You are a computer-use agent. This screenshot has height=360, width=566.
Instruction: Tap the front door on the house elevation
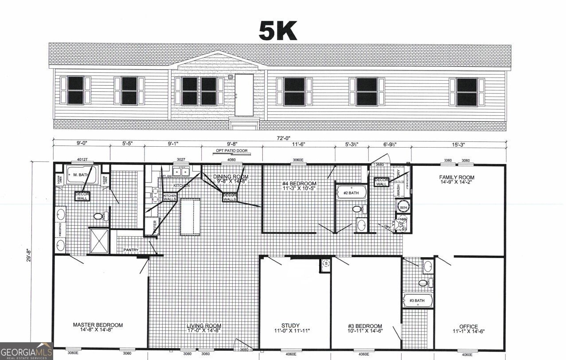click(x=244, y=94)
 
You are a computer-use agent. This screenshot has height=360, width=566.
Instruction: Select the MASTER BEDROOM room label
click(x=98, y=327)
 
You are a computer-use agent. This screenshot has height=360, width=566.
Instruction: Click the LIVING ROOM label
click(x=204, y=328)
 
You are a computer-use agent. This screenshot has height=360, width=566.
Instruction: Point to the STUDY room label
click(x=290, y=328)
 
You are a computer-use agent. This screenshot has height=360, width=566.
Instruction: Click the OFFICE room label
click(x=468, y=329)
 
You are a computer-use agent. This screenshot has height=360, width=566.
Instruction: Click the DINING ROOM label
click(x=231, y=179)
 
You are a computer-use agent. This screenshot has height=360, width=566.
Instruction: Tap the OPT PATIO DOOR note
click(x=231, y=151)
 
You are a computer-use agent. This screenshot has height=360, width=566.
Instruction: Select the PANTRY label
click(x=131, y=250)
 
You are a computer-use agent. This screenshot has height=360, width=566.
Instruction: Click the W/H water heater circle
click(x=403, y=207)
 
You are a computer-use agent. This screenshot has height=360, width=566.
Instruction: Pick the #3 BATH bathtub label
click(x=417, y=301)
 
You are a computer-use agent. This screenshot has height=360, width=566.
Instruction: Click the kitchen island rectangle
click(x=190, y=217)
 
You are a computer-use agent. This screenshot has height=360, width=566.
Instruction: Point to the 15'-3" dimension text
click(x=459, y=144)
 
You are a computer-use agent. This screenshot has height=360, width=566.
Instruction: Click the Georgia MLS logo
click(x=27, y=351)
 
